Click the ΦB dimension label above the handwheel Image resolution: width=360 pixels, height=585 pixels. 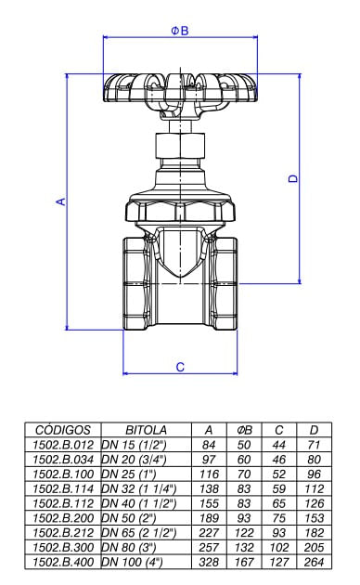click(x=180, y=31)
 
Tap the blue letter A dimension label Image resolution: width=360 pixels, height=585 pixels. click(x=60, y=201)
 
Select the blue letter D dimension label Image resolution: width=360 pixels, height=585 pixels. click(x=294, y=178)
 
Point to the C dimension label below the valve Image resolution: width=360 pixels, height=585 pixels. click(x=180, y=367)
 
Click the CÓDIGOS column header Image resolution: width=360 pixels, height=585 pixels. click(x=63, y=430)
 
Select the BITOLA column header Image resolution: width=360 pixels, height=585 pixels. click(x=146, y=430)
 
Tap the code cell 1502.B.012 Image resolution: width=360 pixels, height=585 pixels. click(x=63, y=445)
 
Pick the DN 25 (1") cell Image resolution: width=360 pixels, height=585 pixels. click(x=129, y=474)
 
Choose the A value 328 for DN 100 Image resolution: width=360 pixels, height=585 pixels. click(x=209, y=562)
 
